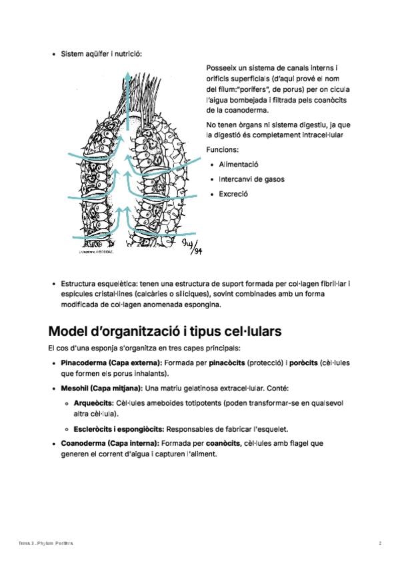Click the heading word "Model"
[x=73, y=331]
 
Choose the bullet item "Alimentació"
[x=238, y=164]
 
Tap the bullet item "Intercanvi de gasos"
[x=253, y=179]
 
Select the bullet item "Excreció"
[x=233, y=194]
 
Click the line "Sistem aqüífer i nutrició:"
[x=101, y=53]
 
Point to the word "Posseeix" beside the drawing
[x=223, y=67]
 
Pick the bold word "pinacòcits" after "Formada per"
[x=227, y=363]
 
